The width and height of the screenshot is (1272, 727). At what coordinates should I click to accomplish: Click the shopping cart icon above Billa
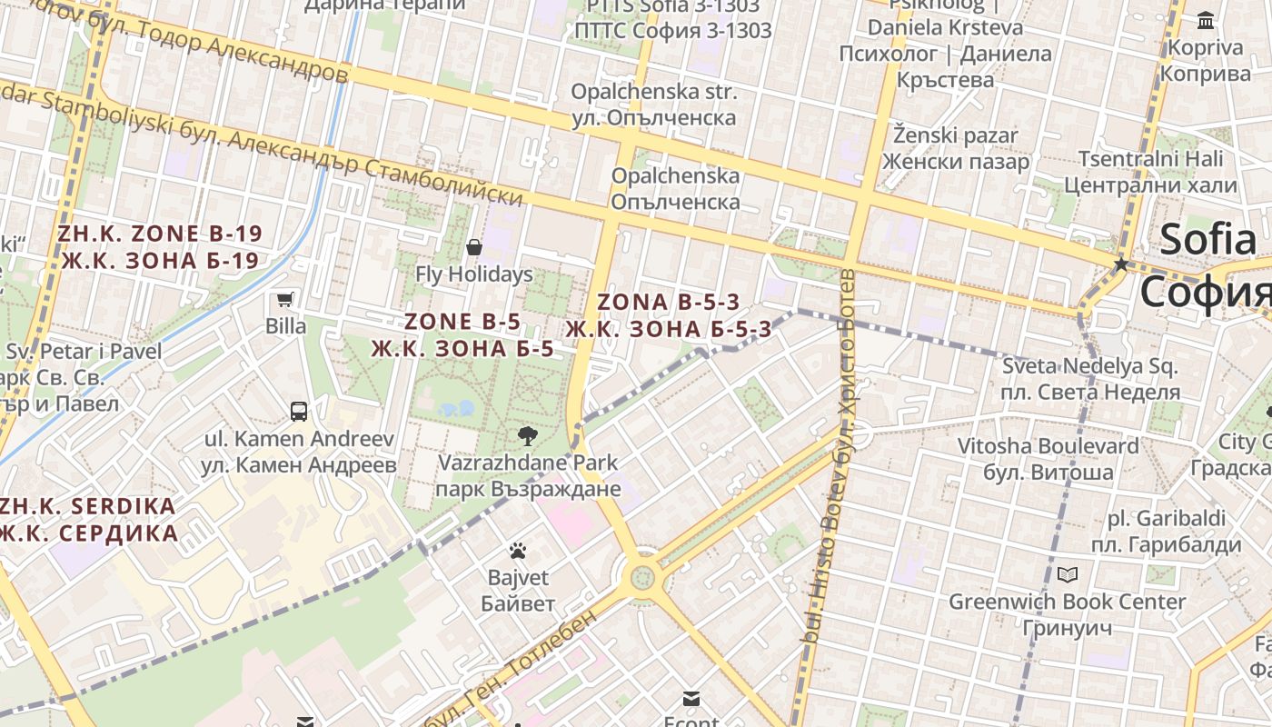285,299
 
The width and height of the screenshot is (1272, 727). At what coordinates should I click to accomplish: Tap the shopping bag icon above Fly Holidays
473,247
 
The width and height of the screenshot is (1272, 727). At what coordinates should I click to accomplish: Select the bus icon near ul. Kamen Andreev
299,412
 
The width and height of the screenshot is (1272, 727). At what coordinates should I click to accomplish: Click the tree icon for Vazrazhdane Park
527,435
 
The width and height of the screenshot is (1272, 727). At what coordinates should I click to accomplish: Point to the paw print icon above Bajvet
518,551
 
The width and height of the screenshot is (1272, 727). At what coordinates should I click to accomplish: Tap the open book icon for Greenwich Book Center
1068,574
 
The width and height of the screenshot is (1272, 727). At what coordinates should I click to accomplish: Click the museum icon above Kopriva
1206,20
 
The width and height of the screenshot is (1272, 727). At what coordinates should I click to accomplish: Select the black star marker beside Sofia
1121,264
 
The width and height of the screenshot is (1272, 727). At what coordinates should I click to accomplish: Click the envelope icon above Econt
691,698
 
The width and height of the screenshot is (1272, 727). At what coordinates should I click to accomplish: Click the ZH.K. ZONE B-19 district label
160,247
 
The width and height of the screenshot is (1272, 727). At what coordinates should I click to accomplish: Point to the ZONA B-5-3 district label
669,315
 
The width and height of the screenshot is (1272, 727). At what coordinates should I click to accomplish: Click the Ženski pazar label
955,148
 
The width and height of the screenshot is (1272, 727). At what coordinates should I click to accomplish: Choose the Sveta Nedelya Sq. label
1089,380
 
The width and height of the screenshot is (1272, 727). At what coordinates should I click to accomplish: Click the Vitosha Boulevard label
1048,459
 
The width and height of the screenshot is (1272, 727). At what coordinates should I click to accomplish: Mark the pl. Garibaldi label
1166,532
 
